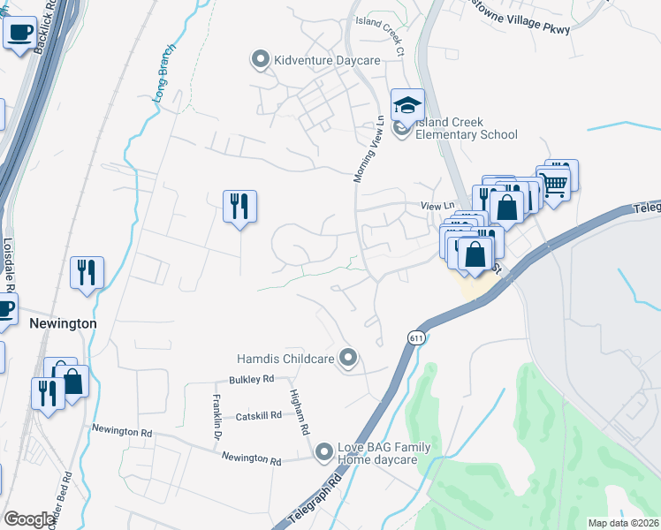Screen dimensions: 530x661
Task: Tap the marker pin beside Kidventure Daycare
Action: (x=260, y=60)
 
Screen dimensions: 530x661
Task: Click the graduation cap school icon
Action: (x=407, y=106)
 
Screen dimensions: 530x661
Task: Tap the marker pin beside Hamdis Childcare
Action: (x=349, y=358)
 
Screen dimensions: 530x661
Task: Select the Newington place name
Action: (x=63, y=324)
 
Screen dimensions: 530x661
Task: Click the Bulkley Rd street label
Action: (x=251, y=379)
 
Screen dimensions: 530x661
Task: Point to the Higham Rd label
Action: (x=300, y=413)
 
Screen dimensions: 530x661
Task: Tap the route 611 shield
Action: (x=415, y=337)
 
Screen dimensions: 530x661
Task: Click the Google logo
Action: (x=29, y=519)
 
